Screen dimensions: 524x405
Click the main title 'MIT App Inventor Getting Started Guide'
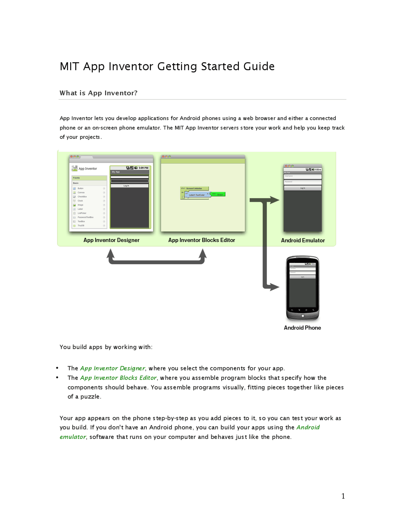coord(167,66)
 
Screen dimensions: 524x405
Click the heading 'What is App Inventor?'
coord(98,93)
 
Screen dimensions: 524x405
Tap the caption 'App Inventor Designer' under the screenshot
coord(111,240)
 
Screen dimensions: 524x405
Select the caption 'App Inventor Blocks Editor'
coord(202,240)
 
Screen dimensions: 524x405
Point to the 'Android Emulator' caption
coord(303,240)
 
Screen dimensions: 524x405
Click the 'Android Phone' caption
coord(302,328)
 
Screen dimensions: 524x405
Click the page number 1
coord(343,496)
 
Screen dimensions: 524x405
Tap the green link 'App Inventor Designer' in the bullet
coord(112,368)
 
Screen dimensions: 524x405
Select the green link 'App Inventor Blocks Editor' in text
coord(118,378)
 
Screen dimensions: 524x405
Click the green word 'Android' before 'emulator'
coord(308,427)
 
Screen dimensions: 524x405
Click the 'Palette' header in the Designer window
coord(77,178)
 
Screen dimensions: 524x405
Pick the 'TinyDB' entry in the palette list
coord(81,226)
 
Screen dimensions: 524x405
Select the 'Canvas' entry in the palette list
coord(81,192)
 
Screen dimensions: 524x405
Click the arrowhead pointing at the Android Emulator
coord(274,200)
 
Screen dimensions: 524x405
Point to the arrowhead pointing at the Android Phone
coord(274,287)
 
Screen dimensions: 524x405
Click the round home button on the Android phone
coord(302,316)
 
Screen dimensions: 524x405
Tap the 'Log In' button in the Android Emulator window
coord(302,188)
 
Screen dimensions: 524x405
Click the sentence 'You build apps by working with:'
coord(106,347)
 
